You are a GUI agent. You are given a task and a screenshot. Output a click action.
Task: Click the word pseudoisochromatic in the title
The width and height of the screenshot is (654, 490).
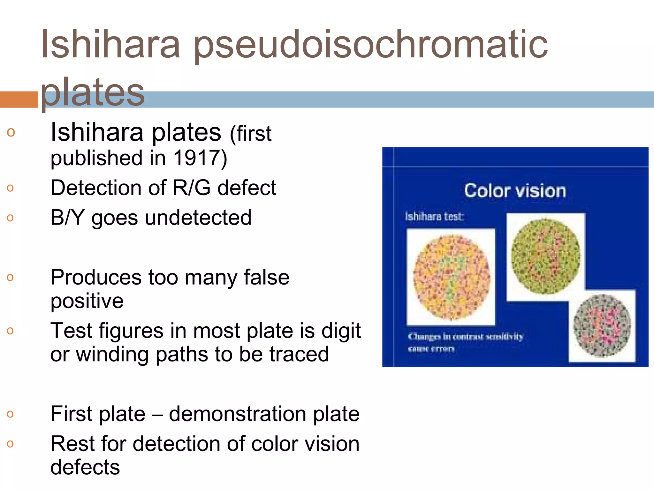[370, 45]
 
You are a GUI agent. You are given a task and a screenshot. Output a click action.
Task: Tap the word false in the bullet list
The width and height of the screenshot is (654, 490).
[267, 277]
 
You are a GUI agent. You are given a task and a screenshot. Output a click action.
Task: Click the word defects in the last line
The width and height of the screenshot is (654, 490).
[85, 467]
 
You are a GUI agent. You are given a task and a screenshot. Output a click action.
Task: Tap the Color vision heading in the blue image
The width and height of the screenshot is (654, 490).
[515, 191]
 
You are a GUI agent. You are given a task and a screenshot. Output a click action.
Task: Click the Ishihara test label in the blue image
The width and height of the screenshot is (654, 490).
[434, 217]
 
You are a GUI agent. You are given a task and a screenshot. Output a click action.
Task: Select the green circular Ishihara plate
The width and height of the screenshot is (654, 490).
[546, 256]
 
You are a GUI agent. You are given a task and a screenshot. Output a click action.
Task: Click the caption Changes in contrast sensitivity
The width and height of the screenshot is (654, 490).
[465, 337]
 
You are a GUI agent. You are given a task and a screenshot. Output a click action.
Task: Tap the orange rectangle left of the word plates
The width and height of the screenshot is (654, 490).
[19, 100]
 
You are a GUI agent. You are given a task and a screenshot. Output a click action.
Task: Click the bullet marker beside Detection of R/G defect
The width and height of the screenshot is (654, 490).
[10, 188]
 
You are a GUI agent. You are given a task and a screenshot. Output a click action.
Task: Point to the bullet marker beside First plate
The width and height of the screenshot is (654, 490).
[10, 414]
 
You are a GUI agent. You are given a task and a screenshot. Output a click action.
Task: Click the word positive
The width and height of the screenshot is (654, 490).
[87, 301]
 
